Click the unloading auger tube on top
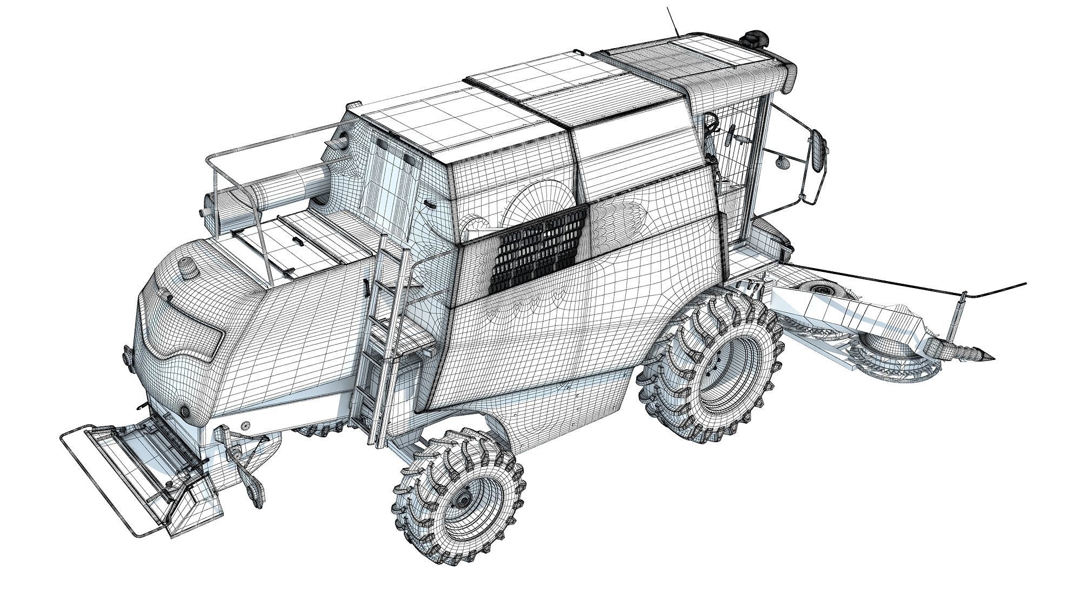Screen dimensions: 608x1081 (281, 186)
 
